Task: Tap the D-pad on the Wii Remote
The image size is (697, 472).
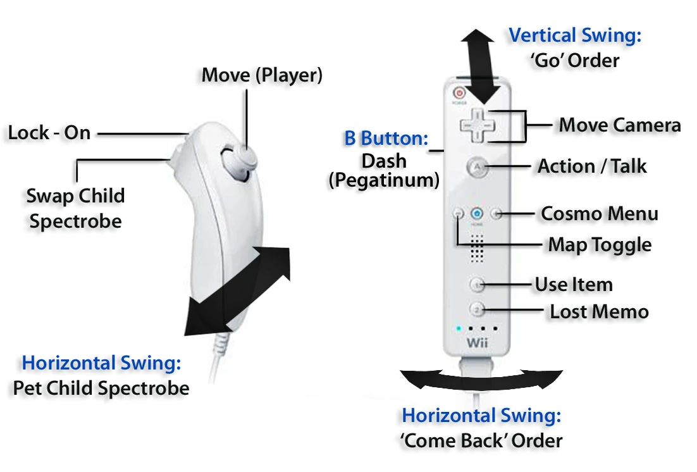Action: pos(478,124)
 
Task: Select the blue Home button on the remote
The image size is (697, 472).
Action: pos(478,214)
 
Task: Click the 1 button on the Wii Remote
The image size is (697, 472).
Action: pos(478,285)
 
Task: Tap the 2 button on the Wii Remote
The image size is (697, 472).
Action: pos(478,310)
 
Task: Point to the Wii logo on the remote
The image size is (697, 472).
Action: pos(478,342)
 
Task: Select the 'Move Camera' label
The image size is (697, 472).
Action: pos(619,125)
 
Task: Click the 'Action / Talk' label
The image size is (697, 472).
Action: pos(592,166)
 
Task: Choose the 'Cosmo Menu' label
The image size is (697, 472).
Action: pos(599,214)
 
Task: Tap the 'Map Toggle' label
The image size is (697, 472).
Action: pos(599,244)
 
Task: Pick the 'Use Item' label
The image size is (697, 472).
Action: pos(574,285)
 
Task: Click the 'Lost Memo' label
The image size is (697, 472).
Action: pos(599,311)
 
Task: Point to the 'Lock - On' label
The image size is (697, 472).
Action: pos(49,133)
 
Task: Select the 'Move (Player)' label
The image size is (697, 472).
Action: pos(262,75)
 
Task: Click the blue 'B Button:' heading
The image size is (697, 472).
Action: pos(386,139)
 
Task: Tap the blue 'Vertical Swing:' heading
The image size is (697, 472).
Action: pos(575,35)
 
